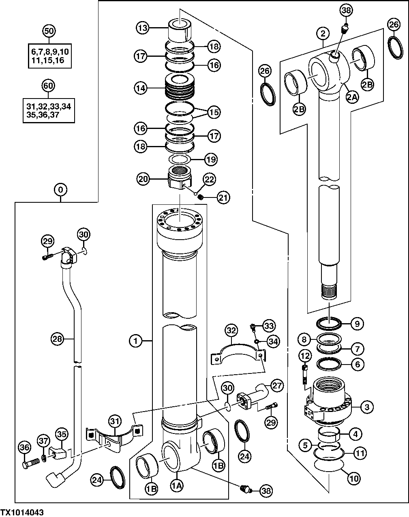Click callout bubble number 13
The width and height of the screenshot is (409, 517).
click(x=143, y=28)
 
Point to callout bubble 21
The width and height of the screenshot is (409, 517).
click(x=223, y=197)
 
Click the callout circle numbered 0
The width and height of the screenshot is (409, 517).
click(x=60, y=189)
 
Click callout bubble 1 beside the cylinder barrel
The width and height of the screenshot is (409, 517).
click(x=137, y=341)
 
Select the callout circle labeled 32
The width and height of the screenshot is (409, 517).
click(x=231, y=330)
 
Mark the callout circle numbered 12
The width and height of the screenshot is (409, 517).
click(x=305, y=356)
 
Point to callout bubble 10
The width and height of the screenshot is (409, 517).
click(x=354, y=478)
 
